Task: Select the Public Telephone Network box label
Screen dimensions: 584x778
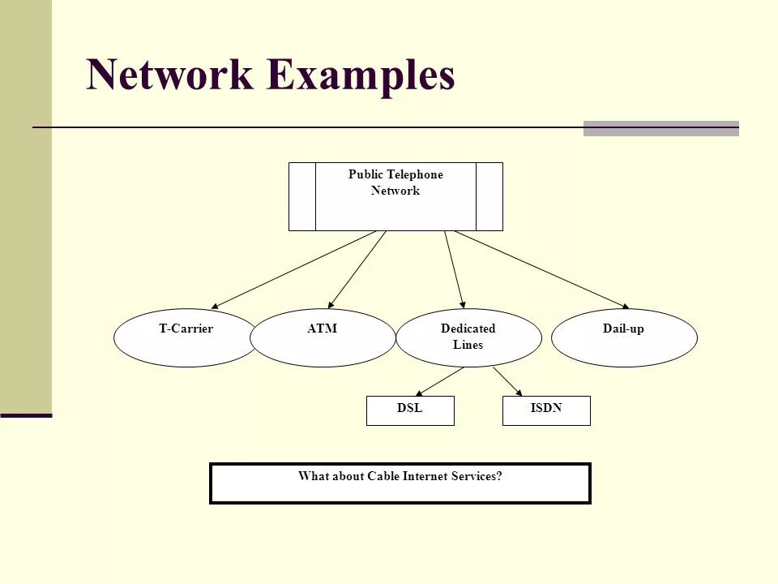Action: pyautogui.click(x=395, y=183)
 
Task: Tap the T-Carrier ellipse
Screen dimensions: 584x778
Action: pyautogui.click(x=185, y=339)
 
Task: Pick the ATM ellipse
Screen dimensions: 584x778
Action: pyautogui.click(x=323, y=339)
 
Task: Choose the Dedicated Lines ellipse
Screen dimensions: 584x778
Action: pyautogui.click(x=468, y=338)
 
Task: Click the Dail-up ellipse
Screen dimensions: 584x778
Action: pyautogui.click(x=623, y=338)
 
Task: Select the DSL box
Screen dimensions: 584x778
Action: pyautogui.click(x=410, y=410)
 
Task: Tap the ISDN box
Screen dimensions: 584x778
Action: pyautogui.click(x=546, y=410)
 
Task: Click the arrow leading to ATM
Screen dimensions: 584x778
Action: pyautogui.click(x=357, y=269)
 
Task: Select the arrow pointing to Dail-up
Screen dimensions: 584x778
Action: pyautogui.click(x=541, y=269)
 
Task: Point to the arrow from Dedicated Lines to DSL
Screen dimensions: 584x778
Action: pyautogui.click(x=440, y=381)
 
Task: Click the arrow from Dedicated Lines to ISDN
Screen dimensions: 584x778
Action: pyautogui.click(x=507, y=381)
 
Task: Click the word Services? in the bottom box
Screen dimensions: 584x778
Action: pyautogui.click(x=478, y=476)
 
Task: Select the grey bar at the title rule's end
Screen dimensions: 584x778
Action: pyautogui.click(x=660, y=128)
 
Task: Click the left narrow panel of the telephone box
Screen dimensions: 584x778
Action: pyautogui.click(x=302, y=196)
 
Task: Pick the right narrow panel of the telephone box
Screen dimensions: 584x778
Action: pyautogui.click(x=489, y=196)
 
